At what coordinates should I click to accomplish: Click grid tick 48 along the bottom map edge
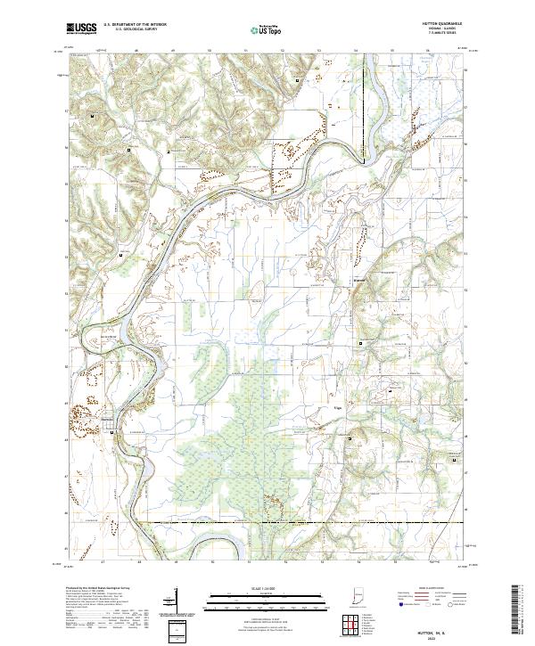pos(139,563)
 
